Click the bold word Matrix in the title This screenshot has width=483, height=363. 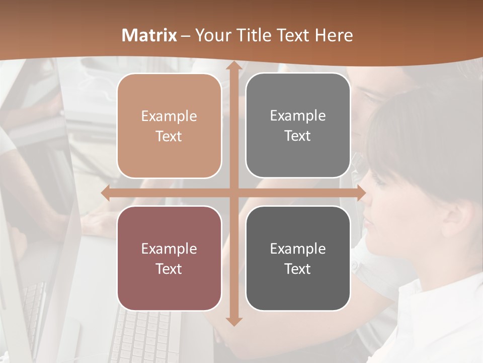(149, 35)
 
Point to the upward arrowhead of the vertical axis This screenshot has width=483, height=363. (233, 68)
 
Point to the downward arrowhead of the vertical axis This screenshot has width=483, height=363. (233, 320)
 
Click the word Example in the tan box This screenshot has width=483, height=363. (169, 116)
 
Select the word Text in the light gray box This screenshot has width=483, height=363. (298, 136)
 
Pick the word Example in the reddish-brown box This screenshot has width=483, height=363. (169, 249)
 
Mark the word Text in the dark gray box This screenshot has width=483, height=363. (298, 269)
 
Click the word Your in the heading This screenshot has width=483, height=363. (211, 35)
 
